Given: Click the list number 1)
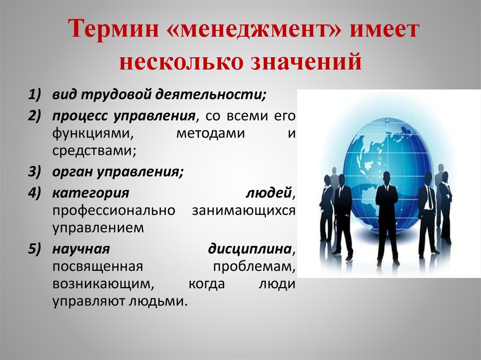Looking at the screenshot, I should click(34, 96).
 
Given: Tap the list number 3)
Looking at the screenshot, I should click(34, 172).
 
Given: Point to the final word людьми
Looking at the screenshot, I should click(159, 301).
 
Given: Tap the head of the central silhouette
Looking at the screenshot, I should click(387, 178).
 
